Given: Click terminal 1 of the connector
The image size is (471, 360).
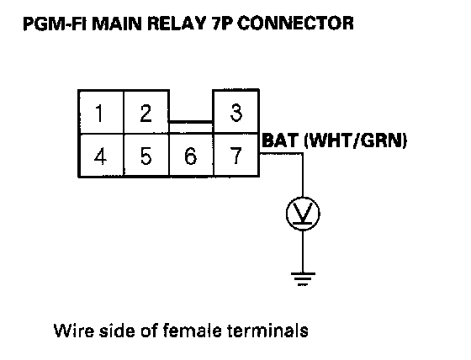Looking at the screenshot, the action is pyautogui.click(x=101, y=112).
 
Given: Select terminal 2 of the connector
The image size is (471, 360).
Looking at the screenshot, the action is pyautogui.click(x=146, y=112).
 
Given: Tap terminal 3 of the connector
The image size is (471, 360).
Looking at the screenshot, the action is pyautogui.click(x=235, y=111).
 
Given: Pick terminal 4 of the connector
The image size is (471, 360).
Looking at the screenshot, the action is pyautogui.click(x=101, y=156).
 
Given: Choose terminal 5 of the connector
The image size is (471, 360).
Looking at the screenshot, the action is pyautogui.click(x=146, y=156).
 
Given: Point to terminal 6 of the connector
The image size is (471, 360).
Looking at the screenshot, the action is pyautogui.click(x=191, y=156).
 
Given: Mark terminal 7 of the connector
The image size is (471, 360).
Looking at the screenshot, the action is pyautogui.click(x=236, y=156).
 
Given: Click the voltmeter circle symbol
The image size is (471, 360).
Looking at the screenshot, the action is pyautogui.click(x=303, y=214).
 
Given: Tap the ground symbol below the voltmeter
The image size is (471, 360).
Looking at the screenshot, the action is pyautogui.click(x=303, y=279).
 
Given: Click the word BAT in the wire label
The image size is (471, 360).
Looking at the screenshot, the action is pyautogui.click(x=281, y=140).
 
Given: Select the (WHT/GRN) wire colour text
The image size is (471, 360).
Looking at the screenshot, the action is pyautogui.click(x=356, y=140).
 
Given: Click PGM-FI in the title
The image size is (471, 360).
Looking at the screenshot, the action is pyautogui.click(x=55, y=24).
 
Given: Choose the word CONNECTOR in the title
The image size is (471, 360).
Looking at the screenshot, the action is pyautogui.click(x=295, y=24).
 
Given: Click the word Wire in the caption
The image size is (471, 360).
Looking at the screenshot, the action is pyautogui.click(x=74, y=330).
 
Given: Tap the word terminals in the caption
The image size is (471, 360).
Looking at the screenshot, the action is pyautogui.click(x=267, y=330).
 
